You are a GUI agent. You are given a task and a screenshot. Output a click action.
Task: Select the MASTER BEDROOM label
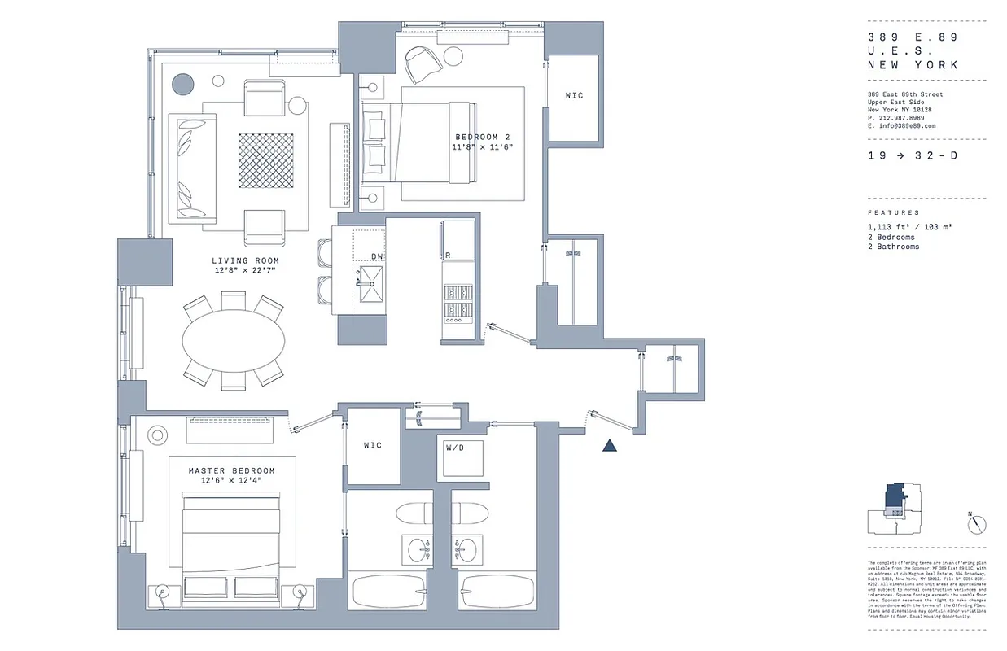point(231,471)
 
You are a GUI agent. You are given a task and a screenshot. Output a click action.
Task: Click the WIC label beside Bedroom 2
point(574,96)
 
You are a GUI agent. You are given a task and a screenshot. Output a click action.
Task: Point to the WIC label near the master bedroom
point(373,446)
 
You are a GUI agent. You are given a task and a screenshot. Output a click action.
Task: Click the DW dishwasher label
point(377,256)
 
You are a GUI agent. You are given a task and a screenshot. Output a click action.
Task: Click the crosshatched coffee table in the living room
point(265,159)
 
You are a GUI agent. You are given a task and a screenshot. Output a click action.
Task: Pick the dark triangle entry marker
point(610,445)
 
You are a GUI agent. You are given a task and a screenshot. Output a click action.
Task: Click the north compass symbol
point(977,524)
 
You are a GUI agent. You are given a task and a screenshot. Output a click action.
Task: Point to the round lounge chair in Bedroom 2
point(423,63)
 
